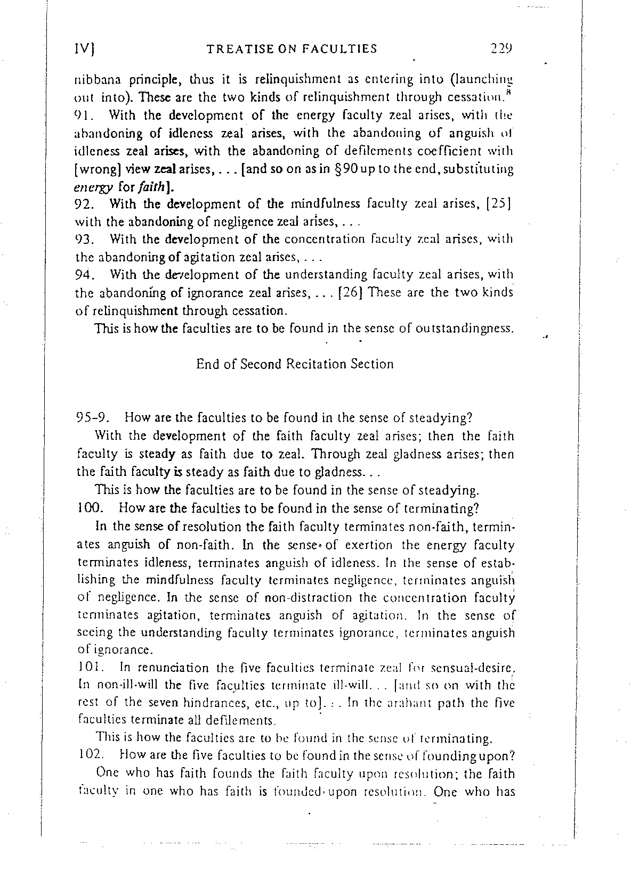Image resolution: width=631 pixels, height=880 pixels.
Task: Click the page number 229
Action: [501, 49]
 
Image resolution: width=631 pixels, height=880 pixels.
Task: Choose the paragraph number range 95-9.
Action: [92, 418]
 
